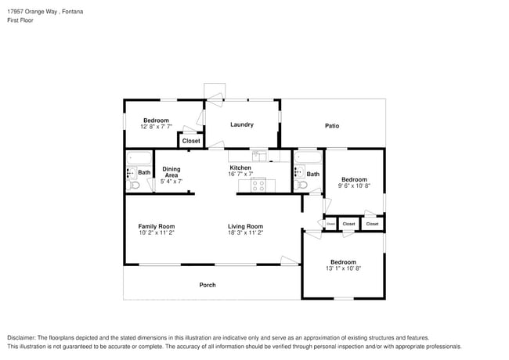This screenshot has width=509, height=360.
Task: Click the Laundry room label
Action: click(x=241, y=124)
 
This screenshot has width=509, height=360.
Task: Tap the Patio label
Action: click(x=332, y=125)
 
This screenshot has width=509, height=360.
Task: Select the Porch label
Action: click(x=208, y=285)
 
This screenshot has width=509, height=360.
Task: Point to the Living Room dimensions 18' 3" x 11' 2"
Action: click(x=245, y=233)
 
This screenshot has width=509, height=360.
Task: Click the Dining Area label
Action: click(x=171, y=172)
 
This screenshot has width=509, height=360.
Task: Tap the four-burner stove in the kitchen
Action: click(x=258, y=185)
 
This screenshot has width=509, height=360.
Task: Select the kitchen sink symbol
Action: click(x=259, y=155)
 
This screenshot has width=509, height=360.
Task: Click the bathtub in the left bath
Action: click(x=139, y=158)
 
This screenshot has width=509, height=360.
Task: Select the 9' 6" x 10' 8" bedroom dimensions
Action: click(x=354, y=186)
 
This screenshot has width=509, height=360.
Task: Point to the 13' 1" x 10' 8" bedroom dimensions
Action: click(x=343, y=268)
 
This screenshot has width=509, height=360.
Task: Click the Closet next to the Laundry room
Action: click(x=191, y=141)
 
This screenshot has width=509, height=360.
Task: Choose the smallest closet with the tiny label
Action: click(x=330, y=224)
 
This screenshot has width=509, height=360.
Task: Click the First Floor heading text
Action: click(x=21, y=21)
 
